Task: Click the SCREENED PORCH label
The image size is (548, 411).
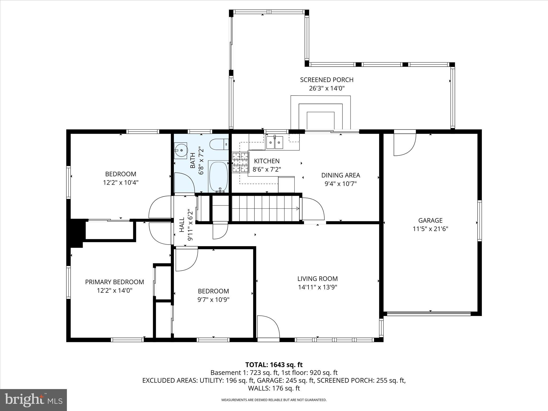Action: click(x=326, y=80)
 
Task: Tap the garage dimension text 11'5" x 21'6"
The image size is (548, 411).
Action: click(x=430, y=229)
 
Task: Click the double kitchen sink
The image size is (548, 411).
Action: click(x=274, y=142)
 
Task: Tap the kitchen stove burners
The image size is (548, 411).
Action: click(x=240, y=162)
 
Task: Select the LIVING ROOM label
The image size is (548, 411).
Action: click(x=317, y=279)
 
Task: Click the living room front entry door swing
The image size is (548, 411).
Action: click(x=268, y=326)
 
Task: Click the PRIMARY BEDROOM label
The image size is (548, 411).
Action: click(x=115, y=282)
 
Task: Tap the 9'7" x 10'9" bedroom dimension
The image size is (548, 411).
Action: click(x=213, y=299)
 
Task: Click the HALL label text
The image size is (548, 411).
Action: click(x=182, y=225)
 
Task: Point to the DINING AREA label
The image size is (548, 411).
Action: click(x=340, y=175)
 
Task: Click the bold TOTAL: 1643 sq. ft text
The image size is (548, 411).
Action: click(x=274, y=365)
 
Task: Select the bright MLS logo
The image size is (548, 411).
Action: click(x=33, y=400)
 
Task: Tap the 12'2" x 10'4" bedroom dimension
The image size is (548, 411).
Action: click(x=120, y=182)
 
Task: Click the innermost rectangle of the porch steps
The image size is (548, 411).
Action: click(x=321, y=121)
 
